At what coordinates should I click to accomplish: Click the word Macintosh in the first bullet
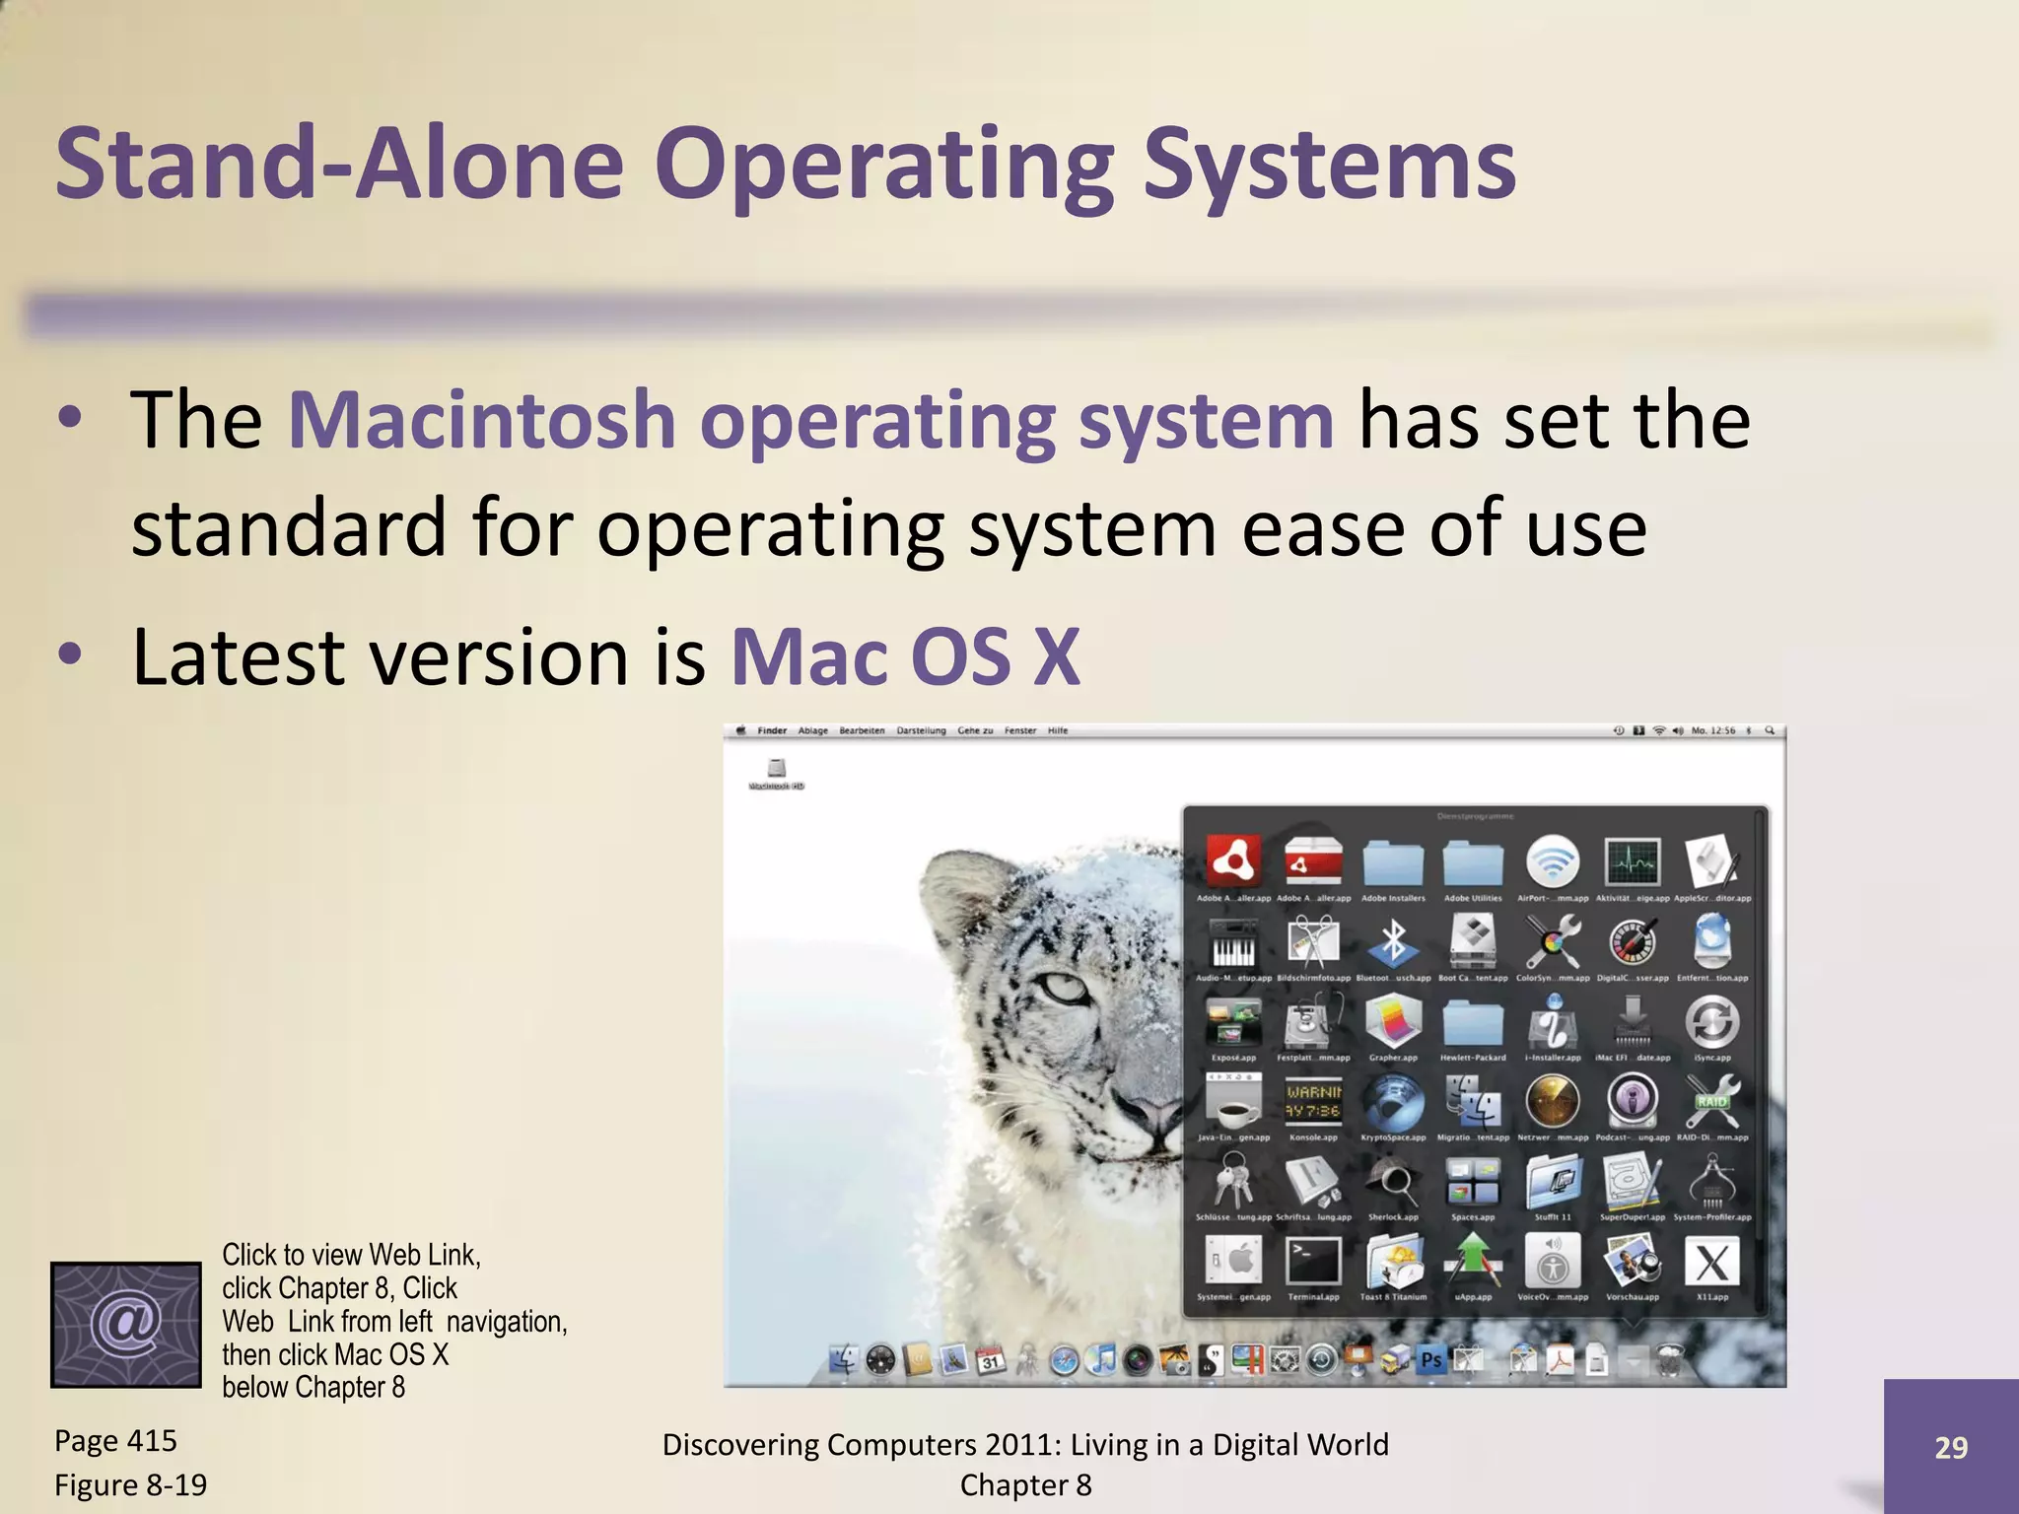coord(481,420)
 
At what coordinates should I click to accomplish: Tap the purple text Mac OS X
coord(905,656)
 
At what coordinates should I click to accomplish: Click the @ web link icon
coord(125,1324)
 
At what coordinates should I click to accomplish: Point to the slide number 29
coord(1950,1447)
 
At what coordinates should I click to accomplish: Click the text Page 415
coord(115,1441)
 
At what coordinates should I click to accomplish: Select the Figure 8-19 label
coord(130,1484)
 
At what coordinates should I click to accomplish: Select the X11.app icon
coord(1711,1262)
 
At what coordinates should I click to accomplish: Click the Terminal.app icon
coord(1313,1262)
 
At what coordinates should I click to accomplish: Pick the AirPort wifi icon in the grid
coord(1552,862)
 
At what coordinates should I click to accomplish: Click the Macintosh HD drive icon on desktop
coord(777,769)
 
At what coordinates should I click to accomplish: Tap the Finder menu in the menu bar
coord(772,730)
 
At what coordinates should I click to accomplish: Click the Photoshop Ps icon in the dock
coord(1430,1360)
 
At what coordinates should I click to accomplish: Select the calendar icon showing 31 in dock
coord(990,1361)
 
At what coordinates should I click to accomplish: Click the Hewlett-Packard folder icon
coord(1473,1023)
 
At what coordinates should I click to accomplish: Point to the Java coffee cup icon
coord(1233,1102)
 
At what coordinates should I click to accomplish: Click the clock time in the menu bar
coord(1712,730)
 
